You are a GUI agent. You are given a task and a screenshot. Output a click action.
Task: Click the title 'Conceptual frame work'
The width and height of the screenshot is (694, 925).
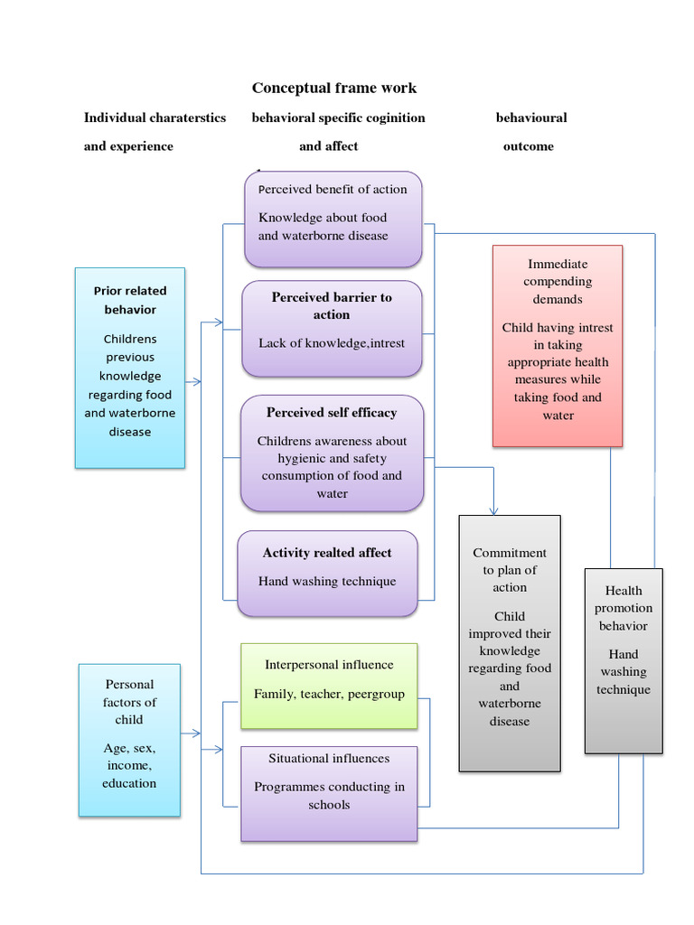333,88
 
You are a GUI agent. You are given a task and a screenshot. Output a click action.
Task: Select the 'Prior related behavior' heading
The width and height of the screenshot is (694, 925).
130,300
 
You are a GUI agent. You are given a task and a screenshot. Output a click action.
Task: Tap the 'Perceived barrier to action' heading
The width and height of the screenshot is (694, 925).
332,305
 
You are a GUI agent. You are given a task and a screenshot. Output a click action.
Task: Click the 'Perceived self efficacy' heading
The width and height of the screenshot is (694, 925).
332,412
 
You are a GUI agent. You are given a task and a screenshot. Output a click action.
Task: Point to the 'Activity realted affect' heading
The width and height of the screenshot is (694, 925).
327,553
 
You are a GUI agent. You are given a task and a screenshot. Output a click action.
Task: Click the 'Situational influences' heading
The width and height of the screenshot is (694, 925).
329,758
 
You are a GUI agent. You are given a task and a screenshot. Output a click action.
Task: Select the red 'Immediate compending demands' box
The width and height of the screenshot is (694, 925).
558,282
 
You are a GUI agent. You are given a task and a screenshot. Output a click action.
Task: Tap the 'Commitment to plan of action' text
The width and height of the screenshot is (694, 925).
510,570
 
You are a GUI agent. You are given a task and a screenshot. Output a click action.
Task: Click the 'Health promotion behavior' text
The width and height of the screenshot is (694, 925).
624,608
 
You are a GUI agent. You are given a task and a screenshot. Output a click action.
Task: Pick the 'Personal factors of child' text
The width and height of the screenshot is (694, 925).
129,702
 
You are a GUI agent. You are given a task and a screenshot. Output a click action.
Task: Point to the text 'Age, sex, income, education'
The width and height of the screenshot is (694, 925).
129,765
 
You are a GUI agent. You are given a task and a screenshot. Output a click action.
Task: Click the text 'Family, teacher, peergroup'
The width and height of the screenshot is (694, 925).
329,694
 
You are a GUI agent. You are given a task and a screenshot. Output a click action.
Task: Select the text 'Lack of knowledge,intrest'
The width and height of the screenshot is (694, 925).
332,342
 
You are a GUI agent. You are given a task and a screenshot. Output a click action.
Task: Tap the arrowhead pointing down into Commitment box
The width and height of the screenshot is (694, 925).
494,509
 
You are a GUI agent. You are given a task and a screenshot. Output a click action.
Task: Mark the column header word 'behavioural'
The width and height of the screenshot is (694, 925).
531,117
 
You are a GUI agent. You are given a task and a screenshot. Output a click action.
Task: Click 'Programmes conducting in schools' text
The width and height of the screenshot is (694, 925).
329,795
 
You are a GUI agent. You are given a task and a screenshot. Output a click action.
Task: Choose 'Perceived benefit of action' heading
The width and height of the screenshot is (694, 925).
333,189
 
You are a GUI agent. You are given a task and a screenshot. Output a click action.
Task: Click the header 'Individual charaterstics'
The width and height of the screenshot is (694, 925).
155,117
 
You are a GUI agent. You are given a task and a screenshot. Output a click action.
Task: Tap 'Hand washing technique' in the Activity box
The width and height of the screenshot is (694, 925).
327,581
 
